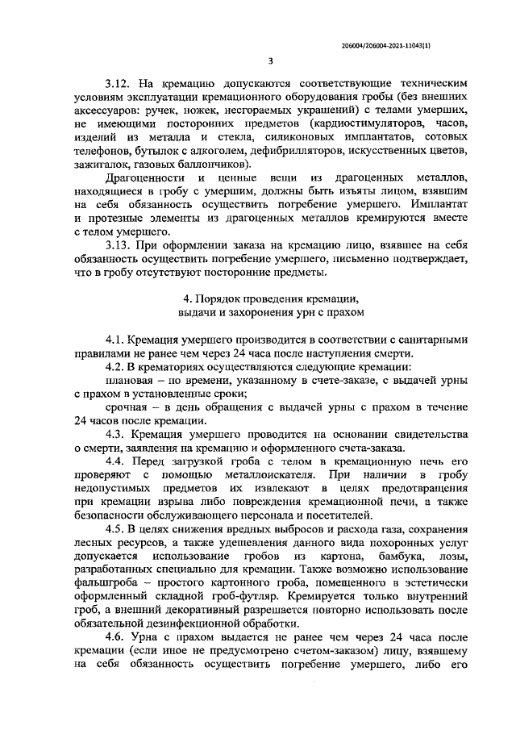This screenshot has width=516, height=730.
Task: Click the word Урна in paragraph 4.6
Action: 148,642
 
